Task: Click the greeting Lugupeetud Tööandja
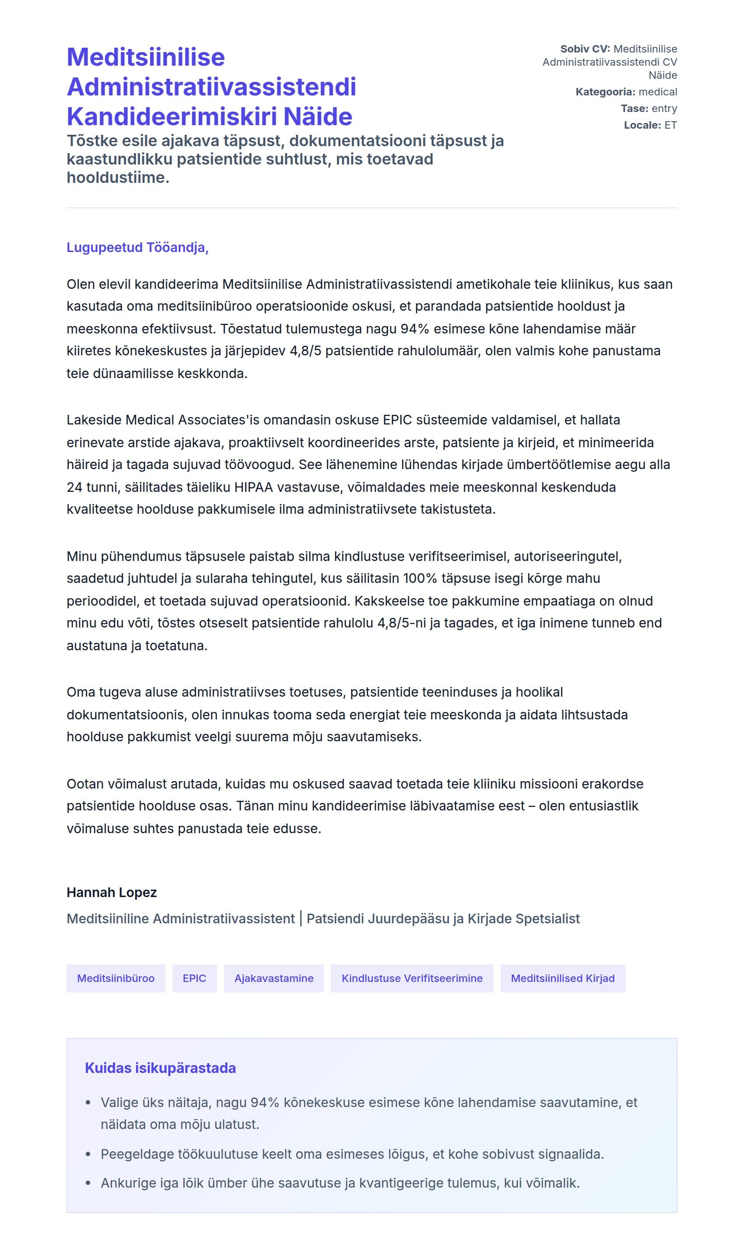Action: pos(137,248)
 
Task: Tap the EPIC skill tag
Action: pos(194,978)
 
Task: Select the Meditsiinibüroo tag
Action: pos(116,978)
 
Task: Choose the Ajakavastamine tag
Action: pos(274,978)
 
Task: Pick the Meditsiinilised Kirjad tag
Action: pos(562,978)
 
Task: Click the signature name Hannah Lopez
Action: pos(112,893)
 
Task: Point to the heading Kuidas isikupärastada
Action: pos(161,1068)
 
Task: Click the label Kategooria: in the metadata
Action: pos(605,92)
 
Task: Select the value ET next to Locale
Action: pos(671,125)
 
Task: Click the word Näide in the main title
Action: pos(318,117)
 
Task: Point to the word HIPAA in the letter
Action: pos(254,487)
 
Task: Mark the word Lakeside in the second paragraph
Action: pos(94,420)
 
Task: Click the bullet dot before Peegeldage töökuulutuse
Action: pos(88,1154)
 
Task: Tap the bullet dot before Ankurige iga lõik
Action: pos(88,1183)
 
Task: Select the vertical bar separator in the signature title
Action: pos(301,918)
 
